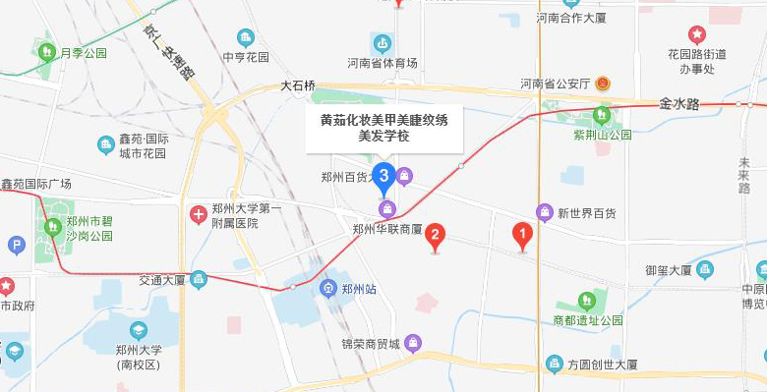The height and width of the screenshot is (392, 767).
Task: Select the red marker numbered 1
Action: pos(523,234)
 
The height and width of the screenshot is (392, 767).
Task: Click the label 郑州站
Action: pos(359,289)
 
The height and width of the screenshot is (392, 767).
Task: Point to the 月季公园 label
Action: pos(83,53)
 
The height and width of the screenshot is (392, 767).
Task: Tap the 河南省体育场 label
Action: pos(383,63)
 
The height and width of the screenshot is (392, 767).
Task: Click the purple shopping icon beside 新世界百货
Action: pos(545,212)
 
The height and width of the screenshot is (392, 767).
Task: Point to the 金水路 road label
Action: pos(678,102)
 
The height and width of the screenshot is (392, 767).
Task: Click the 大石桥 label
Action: pos(298,85)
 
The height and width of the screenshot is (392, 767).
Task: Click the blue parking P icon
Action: pos(15,245)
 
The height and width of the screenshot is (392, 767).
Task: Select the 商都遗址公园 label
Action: pos(587,320)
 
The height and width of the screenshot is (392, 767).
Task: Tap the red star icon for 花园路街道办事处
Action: pos(696,35)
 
